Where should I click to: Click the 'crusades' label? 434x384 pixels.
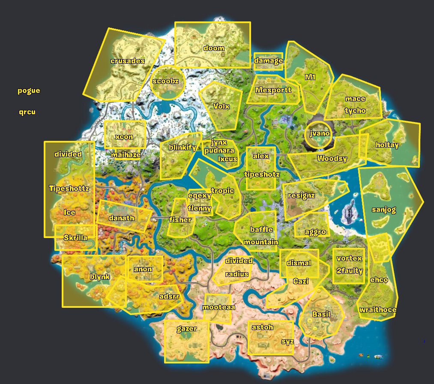tap(127, 61)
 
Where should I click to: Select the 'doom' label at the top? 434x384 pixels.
tap(213, 48)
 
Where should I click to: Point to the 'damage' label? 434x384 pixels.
tap(269, 60)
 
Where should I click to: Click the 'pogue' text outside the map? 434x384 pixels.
tap(29, 90)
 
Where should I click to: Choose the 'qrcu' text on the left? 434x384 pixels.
tap(27, 112)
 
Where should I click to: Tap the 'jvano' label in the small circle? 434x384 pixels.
tap(320, 133)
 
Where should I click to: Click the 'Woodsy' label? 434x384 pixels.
tap(332, 158)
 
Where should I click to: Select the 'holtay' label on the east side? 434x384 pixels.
tap(387, 145)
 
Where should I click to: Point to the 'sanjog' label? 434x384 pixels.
tap(384, 210)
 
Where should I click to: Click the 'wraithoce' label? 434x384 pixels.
tap(377, 310)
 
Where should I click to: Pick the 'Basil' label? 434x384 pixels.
tap(321, 314)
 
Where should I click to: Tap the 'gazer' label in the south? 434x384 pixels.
tap(187, 329)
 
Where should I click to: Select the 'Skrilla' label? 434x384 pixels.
tap(75, 237)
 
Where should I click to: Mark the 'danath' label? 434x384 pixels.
tap(121, 218)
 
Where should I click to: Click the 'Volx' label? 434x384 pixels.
tap(221, 106)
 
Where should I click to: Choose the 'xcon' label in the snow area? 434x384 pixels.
tap(124, 137)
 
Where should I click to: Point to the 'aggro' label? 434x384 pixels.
tap(315, 232)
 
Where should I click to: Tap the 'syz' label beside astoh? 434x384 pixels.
tap(287, 342)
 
